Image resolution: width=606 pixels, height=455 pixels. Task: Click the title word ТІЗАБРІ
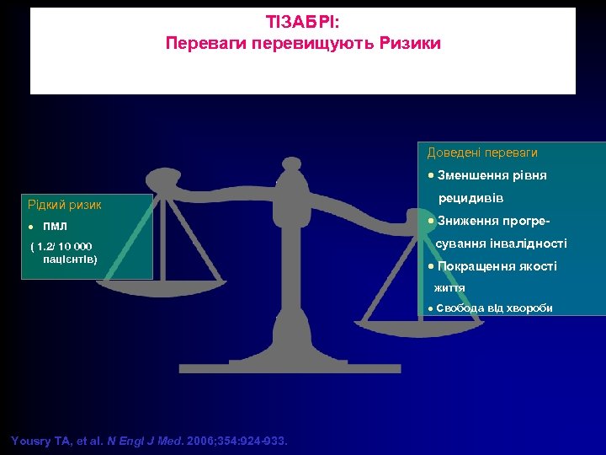point(303,23)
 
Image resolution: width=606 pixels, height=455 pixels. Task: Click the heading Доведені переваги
point(482,153)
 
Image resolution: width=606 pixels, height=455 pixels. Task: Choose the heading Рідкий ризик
point(65,204)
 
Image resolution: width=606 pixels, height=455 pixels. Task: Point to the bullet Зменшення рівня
point(492,175)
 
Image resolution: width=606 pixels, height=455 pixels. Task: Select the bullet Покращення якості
point(497,266)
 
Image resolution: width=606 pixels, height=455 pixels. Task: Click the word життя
point(449,287)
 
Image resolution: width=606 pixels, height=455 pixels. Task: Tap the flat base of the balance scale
point(278,367)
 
